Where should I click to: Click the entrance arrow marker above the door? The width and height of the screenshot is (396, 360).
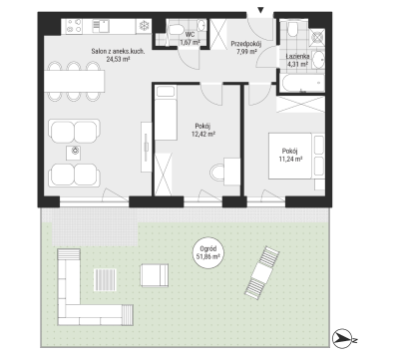(x=261, y=10)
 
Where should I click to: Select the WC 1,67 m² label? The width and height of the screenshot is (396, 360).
(x=190, y=38)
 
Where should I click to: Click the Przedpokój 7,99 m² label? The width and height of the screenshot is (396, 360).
(x=246, y=48)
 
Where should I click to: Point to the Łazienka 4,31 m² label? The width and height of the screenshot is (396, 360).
(x=297, y=60)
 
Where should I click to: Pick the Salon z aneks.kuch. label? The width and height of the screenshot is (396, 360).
(x=118, y=55)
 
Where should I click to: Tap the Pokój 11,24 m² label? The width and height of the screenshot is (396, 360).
(x=290, y=155)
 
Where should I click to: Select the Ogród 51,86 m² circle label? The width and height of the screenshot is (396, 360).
(x=208, y=252)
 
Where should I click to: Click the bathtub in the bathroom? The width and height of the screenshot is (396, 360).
(x=302, y=83)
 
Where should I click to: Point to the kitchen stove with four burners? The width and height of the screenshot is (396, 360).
(x=74, y=26)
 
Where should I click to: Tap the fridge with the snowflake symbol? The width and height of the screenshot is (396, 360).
(x=144, y=26)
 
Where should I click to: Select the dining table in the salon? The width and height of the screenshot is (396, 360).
(x=75, y=81)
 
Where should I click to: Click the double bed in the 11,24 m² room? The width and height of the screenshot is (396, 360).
(x=290, y=156)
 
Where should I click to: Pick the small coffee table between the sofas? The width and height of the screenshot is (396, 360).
(x=76, y=152)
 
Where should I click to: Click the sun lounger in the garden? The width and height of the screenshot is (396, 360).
(x=261, y=271)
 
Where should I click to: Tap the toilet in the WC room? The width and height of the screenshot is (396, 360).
(x=176, y=29)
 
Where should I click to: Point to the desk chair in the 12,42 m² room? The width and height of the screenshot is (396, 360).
(x=217, y=173)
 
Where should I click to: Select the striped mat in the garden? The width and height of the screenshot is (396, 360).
(x=105, y=280)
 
